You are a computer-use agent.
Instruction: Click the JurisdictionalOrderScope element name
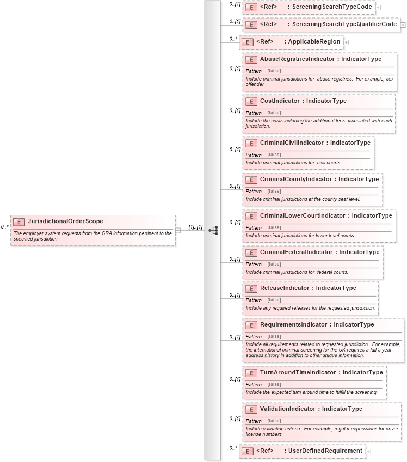(65, 221)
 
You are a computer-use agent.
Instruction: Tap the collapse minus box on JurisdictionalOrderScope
(178, 230)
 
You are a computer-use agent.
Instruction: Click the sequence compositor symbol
(213, 230)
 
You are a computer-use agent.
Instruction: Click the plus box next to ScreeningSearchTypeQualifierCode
(403, 24)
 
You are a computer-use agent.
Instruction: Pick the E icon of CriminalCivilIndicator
(251, 143)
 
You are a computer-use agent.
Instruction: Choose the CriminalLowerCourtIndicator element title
(326, 215)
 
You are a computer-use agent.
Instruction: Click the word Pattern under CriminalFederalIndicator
(254, 264)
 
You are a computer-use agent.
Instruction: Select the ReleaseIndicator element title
(308, 288)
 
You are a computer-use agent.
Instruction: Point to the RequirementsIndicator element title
(317, 324)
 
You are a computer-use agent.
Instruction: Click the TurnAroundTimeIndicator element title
(321, 372)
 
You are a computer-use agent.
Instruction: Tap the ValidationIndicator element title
(318, 409)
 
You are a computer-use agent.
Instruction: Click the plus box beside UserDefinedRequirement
(368, 451)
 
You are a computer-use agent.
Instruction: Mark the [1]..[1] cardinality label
(195, 226)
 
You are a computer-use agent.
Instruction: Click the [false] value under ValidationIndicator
(274, 421)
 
